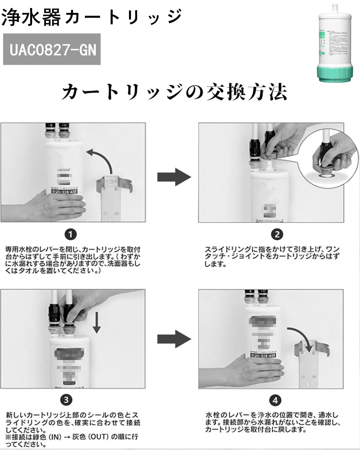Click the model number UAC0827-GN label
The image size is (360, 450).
pos(52,49)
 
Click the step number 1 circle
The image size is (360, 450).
pos(70,234)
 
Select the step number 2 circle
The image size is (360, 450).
pos(277,234)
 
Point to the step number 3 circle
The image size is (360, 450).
pos(66,400)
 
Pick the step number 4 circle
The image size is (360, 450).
pos(275,400)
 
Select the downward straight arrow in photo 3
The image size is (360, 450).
pos(96,322)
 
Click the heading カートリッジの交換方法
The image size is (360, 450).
pos(174,91)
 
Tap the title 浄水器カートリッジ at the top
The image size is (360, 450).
pos(91,16)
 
